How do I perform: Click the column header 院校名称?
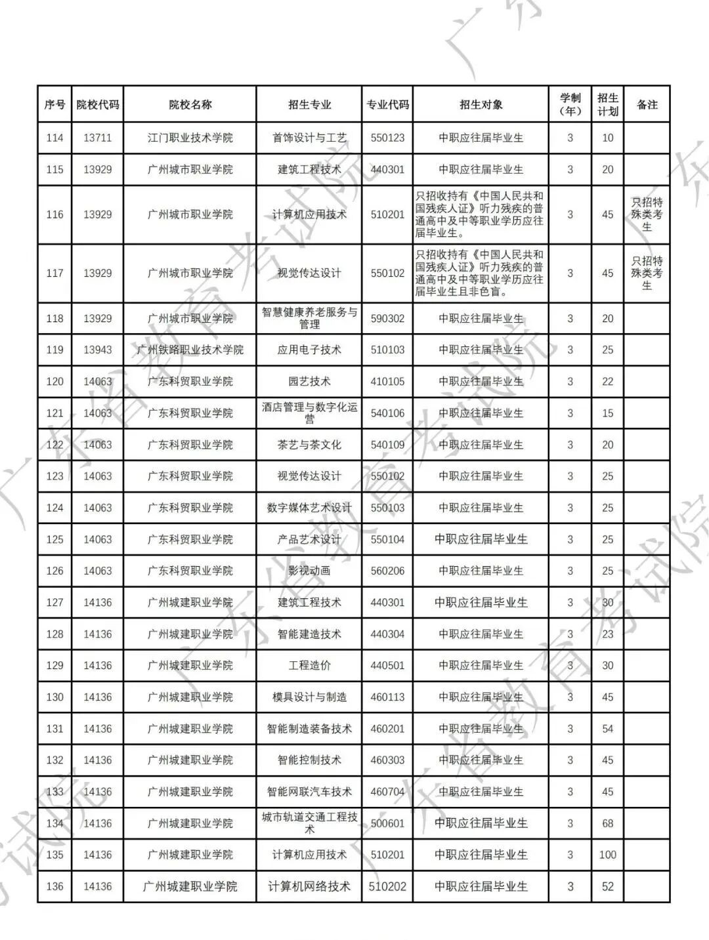(x=190, y=104)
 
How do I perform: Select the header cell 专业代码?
(x=387, y=104)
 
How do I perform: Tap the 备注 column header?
(x=647, y=104)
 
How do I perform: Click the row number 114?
(x=54, y=138)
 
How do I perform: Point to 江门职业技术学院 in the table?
(x=190, y=138)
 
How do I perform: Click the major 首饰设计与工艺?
(x=309, y=138)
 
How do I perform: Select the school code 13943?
(x=97, y=350)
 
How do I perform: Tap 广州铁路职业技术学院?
(x=190, y=350)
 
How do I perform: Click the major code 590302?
(x=387, y=318)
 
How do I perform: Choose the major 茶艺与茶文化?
(x=309, y=445)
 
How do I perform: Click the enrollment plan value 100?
(x=607, y=855)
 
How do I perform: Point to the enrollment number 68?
(x=607, y=823)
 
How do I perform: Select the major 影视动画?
(x=309, y=571)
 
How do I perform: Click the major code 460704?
(x=387, y=792)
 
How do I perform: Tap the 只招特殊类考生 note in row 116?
(x=647, y=215)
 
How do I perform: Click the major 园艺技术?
(x=309, y=381)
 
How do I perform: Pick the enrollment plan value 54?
(x=607, y=729)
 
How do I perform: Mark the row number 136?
(x=54, y=886)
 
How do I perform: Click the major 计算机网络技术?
(x=309, y=886)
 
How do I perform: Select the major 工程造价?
(x=309, y=665)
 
